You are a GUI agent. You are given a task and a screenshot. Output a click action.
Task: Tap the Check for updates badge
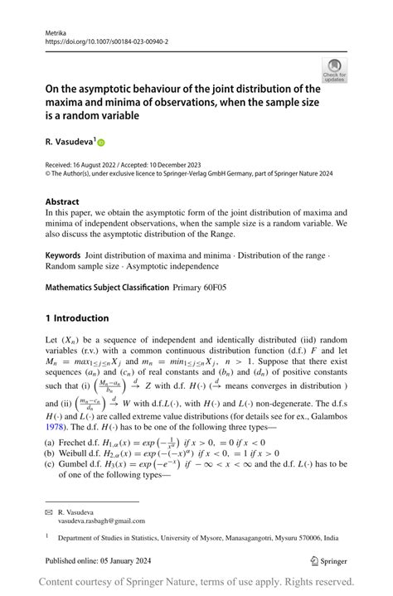point(334,70)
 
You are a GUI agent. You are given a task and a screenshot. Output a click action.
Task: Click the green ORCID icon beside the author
point(102,143)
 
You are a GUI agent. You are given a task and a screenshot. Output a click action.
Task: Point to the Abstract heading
point(62,201)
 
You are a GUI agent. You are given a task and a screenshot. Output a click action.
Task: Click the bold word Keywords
point(63,256)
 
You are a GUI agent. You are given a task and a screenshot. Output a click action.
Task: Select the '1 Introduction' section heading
point(77,317)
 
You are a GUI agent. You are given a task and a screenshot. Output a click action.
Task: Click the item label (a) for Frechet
point(51,443)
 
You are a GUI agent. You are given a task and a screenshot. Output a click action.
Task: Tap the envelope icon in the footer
point(48,513)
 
